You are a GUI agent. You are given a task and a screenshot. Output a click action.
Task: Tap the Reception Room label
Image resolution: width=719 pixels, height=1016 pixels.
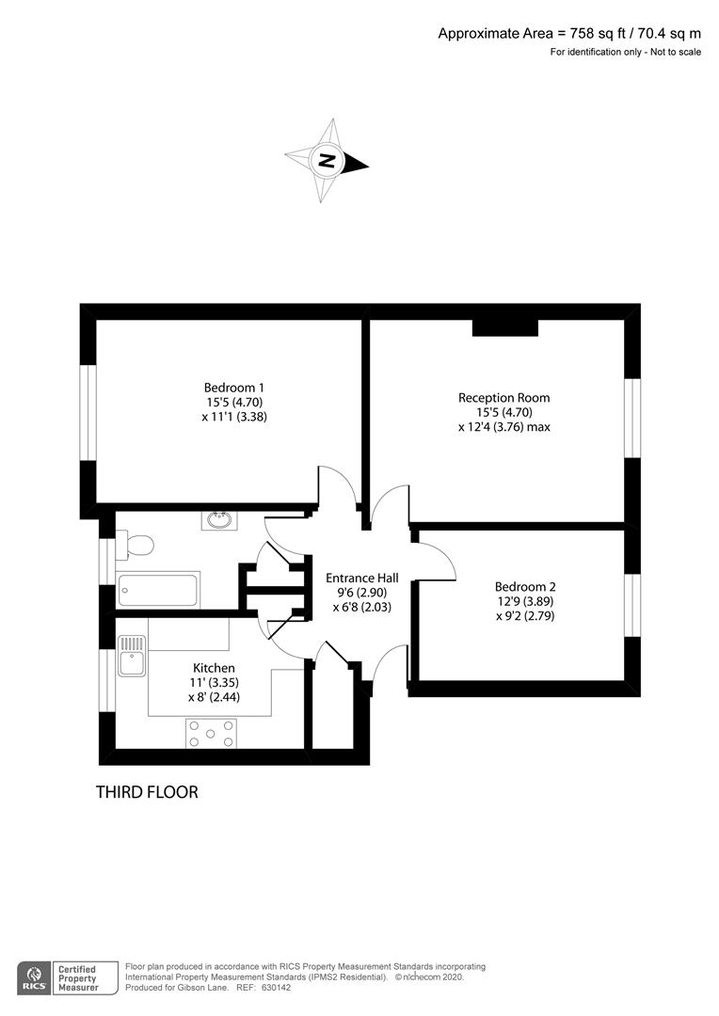[x=503, y=398]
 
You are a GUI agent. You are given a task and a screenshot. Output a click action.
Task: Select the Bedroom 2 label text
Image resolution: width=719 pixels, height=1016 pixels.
[x=525, y=587]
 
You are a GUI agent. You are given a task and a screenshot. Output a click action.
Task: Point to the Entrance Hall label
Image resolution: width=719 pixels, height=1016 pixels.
[x=361, y=578]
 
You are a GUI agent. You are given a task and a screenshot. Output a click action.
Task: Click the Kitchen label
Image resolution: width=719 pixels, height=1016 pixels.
[x=214, y=668]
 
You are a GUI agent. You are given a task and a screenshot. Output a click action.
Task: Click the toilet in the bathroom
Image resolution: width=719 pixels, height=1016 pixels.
[x=135, y=544]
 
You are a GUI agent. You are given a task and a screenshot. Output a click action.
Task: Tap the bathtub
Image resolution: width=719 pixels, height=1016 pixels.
[x=157, y=589]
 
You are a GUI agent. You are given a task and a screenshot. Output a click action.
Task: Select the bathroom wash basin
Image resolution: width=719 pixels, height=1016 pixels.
[x=219, y=520]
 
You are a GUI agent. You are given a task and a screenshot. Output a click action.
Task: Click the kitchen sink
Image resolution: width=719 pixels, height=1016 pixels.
[x=132, y=656]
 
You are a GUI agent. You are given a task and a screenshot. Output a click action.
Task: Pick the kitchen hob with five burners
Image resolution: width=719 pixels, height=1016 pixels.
[x=211, y=733]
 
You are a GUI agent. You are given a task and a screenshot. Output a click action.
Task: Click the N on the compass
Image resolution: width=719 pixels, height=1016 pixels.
[x=328, y=160]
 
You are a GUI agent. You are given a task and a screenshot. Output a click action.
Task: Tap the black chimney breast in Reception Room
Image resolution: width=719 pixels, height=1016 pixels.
[x=505, y=328]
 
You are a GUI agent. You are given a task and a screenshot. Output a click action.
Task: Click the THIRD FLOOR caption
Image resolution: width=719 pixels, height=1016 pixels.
[x=147, y=792]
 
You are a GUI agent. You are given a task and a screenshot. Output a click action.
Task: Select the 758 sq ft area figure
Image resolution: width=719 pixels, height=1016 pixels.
[x=596, y=34]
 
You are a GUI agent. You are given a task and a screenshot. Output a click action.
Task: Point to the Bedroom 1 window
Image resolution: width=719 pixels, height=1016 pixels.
[x=88, y=413]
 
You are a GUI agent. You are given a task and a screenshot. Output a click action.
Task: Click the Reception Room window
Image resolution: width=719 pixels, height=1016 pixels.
[x=632, y=418]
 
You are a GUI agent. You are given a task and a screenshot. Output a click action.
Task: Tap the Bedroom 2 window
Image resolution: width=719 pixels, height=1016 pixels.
[x=632, y=605]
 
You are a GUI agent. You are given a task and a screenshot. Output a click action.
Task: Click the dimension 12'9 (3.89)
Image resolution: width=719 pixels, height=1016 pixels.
[x=525, y=601]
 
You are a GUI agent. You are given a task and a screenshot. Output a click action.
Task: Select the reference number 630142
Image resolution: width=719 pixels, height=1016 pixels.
[x=276, y=988]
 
